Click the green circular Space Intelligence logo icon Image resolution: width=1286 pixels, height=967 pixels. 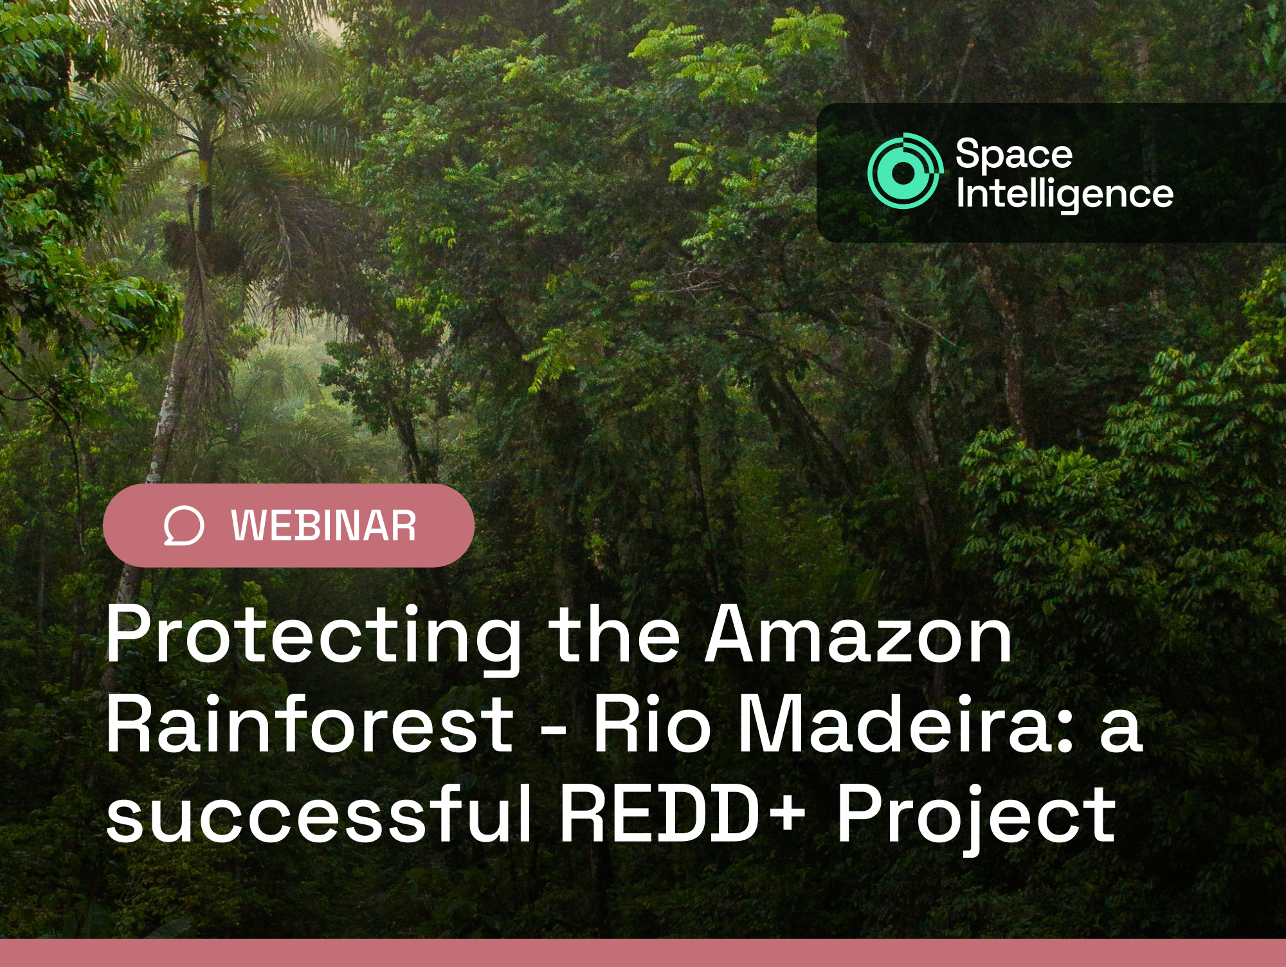tap(903, 171)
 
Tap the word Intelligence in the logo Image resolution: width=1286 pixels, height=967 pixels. tap(1064, 194)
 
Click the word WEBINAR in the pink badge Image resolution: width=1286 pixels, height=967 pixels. tap(323, 526)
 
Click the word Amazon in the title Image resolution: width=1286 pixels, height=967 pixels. tap(859, 635)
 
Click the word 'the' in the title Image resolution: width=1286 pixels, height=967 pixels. tap(614, 635)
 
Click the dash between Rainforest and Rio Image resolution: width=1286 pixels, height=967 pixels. tap(554, 731)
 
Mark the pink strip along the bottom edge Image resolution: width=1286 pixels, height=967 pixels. tap(643, 953)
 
